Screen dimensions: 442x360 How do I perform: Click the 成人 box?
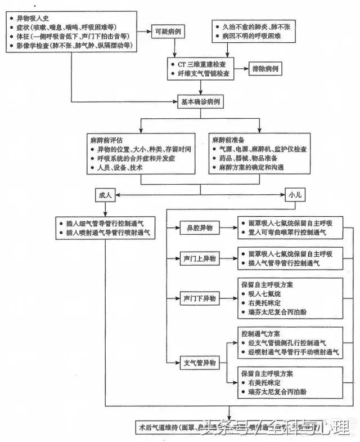[106, 195]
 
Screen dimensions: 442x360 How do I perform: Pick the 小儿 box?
[295, 195]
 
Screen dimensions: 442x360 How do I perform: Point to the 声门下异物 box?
[199, 298]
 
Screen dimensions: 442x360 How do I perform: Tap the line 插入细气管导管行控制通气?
[105, 223]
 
